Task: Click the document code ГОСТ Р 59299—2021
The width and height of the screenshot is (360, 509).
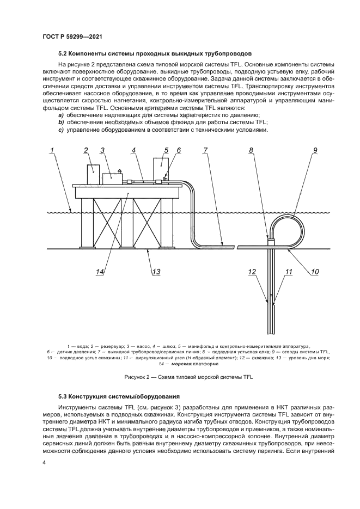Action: click(x=72, y=36)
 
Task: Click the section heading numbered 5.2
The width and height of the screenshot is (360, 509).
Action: click(x=155, y=54)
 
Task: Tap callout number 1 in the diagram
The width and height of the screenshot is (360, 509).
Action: click(x=52, y=151)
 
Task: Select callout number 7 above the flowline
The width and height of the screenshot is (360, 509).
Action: click(x=205, y=151)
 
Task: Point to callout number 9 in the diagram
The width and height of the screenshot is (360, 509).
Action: click(x=315, y=151)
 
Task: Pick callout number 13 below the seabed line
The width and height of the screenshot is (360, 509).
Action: click(x=156, y=272)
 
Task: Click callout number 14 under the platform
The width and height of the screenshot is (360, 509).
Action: click(x=99, y=272)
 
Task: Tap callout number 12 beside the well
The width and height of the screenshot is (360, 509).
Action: click(x=252, y=272)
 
